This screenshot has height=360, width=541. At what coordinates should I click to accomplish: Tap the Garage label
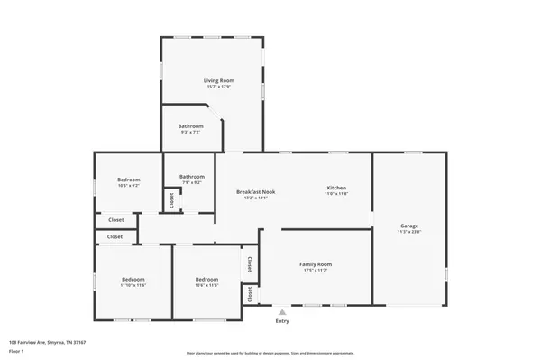(409, 226)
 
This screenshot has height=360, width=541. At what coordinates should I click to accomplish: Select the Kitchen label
(336, 188)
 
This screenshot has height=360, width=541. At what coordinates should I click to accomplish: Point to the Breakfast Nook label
(256, 191)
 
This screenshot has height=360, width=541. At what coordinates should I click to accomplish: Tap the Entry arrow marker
(282, 312)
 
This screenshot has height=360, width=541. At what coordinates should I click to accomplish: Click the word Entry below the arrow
(282, 321)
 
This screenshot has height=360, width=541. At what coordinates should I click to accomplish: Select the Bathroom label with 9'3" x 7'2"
(189, 126)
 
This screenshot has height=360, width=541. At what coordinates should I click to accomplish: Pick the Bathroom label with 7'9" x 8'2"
(192, 176)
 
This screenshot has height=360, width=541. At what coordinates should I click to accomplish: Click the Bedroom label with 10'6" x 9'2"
(129, 180)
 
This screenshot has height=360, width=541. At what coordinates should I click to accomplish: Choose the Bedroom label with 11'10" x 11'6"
(133, 280)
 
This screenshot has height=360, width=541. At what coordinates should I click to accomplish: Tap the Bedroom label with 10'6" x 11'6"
(206, 280)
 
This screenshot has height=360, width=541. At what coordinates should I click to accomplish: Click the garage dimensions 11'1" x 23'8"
(409, 232)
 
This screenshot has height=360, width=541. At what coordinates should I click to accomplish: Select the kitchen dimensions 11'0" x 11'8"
(336, 194)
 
